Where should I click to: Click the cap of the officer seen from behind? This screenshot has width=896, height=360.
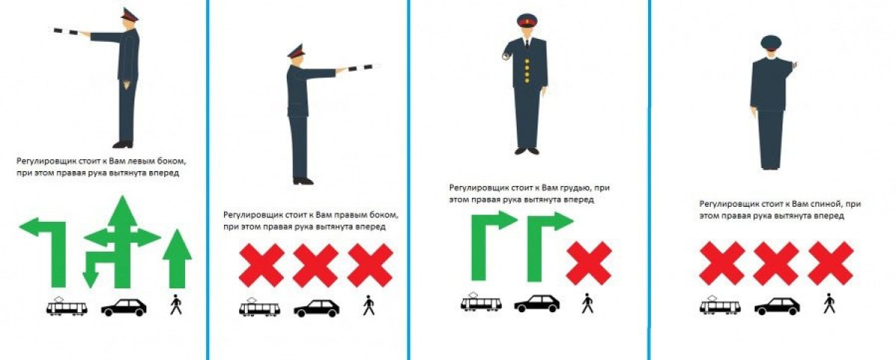pos(770,41)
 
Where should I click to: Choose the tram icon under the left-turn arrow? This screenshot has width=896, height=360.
pos(66,307)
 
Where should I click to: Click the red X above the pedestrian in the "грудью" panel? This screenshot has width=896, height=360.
pos(588,264)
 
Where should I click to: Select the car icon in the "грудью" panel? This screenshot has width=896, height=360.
pos(536,303)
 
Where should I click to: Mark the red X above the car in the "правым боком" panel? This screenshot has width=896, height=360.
pos(315,266)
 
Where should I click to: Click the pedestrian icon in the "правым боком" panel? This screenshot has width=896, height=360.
pos(368,306)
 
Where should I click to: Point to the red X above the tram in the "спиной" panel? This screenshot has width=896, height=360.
pos(721,264)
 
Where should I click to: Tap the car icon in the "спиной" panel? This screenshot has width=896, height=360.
pos(777,306)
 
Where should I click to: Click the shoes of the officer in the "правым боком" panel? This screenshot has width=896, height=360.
pos(302,180)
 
